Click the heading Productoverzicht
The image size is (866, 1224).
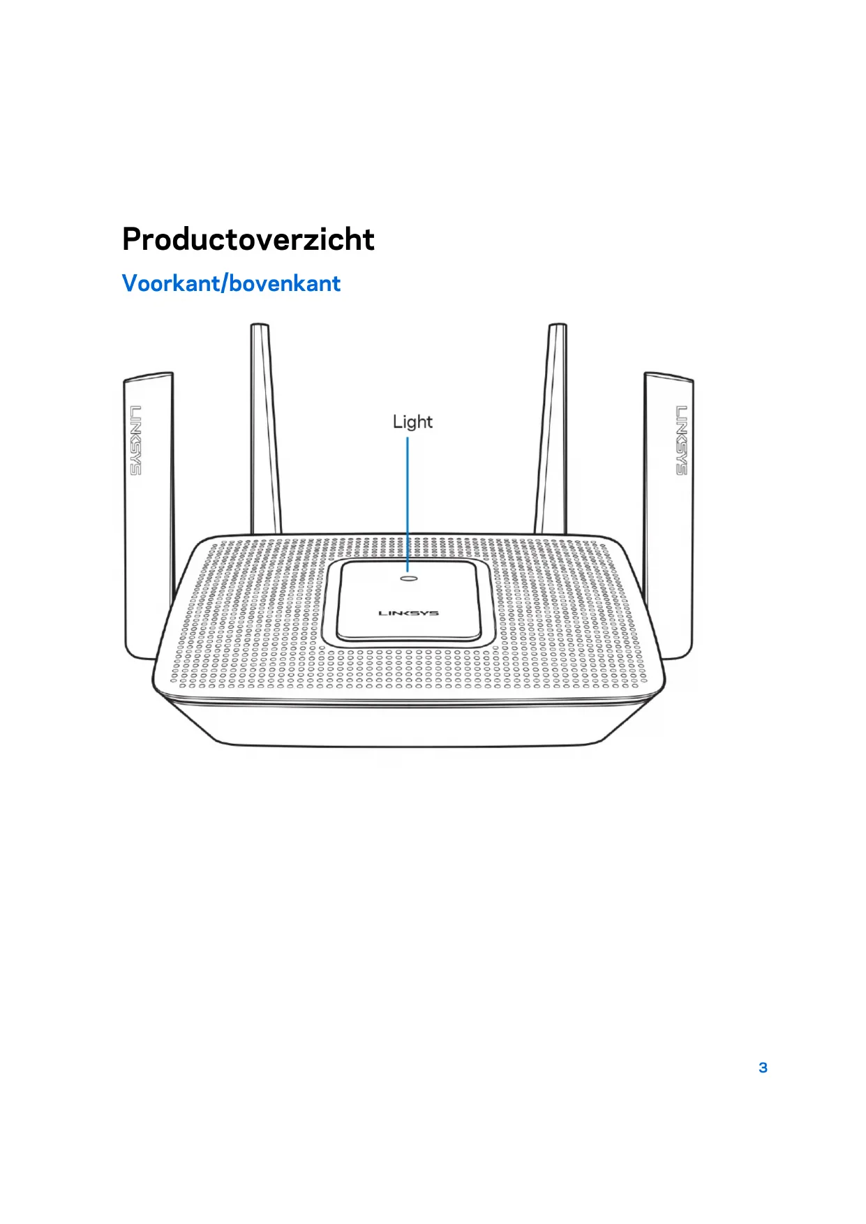[248, 239]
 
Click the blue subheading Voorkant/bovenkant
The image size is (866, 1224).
[231, 283]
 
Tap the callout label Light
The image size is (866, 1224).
[412, 421]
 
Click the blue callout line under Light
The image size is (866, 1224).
[408, 502]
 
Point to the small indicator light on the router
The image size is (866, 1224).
[409, 578]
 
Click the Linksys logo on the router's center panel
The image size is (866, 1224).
[408, 613]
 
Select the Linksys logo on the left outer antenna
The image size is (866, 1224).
[135, 440]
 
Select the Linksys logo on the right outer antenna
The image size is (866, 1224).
[681, 440]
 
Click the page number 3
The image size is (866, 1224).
[763, 1068]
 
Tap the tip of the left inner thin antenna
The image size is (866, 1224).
[260, 327]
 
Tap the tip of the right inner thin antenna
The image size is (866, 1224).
[557, 327]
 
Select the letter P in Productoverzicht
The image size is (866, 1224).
[134, 239]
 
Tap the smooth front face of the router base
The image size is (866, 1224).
[408, 726]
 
